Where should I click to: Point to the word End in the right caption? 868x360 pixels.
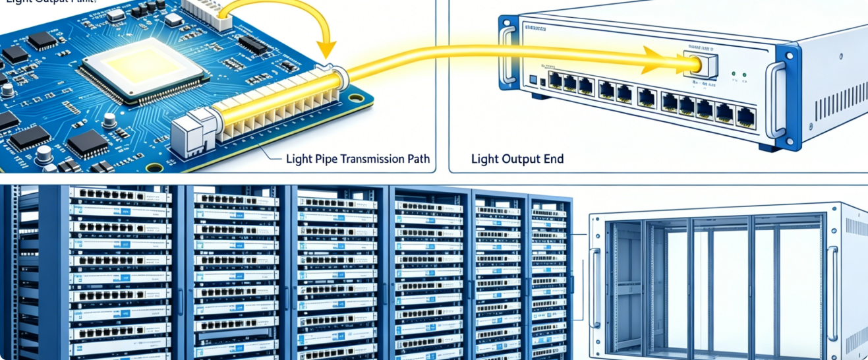[552, 159]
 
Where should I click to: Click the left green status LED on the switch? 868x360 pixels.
[734, 74]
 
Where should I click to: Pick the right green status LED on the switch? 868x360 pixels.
[745, 74]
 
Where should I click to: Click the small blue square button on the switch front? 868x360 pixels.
[533, 80]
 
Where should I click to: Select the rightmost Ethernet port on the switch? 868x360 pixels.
[746, 117]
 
